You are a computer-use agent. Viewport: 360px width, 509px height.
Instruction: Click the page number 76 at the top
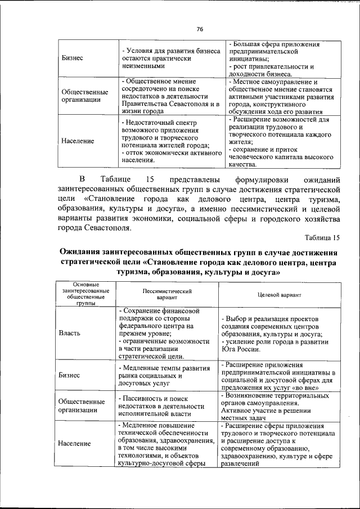[200, 29]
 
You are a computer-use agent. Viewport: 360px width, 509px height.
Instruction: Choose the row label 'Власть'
[70, 332]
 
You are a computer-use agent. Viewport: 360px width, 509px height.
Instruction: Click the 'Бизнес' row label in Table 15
[69, 375]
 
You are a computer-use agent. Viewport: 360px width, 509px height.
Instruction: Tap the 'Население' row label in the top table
[78, 141]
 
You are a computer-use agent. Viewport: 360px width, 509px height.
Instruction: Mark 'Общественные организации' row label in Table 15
[82, 406]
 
